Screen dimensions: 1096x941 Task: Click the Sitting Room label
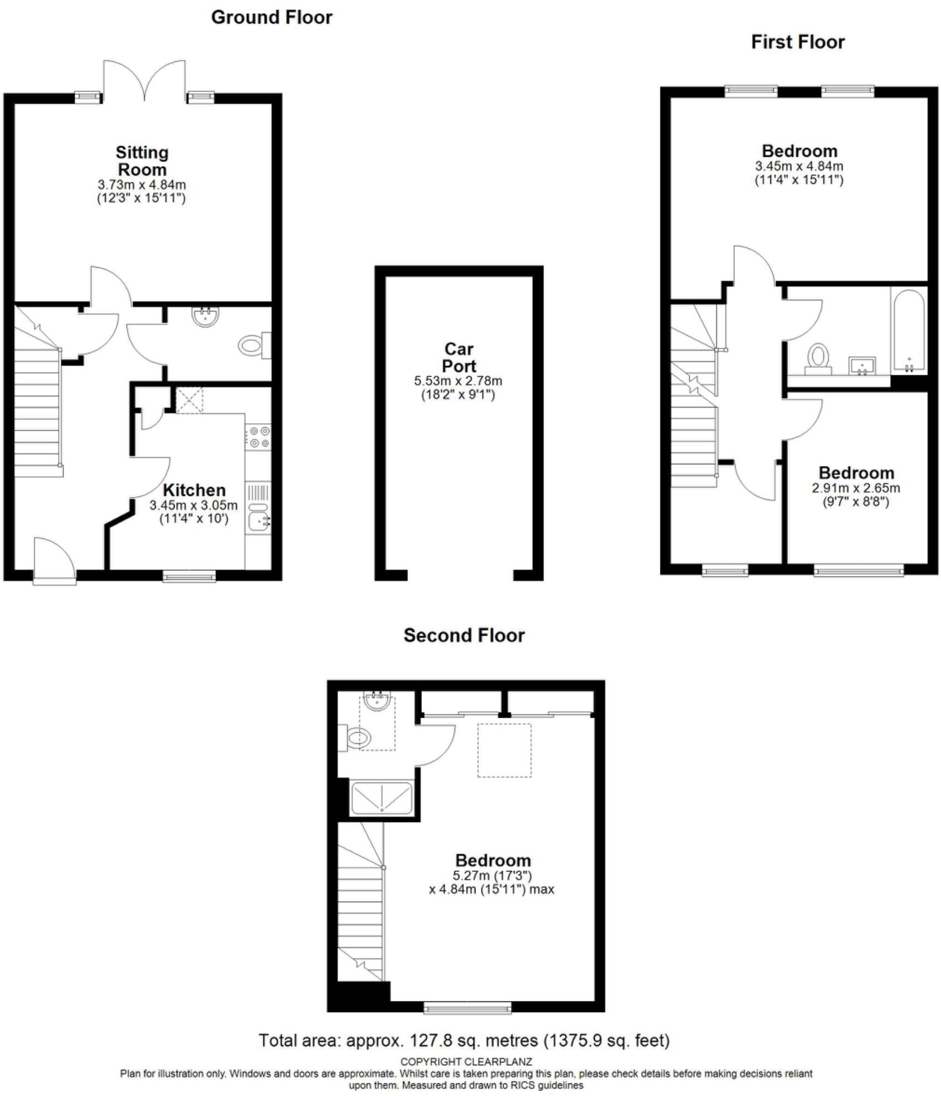point(142,161)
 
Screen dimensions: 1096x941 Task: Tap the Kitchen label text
point(194,490)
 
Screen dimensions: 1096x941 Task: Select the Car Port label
point(459,357)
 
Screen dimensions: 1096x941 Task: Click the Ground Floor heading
point(272,17)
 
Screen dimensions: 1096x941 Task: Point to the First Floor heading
point(797,42)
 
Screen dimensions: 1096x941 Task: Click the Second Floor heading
point(464,635)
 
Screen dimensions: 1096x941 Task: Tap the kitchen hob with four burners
point(258,436)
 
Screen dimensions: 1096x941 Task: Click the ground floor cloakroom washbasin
point(205,316)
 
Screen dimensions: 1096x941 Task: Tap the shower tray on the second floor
point(381,798)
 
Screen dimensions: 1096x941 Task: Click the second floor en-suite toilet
point(356,737)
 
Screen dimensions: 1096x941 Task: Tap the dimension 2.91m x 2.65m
point(855,488)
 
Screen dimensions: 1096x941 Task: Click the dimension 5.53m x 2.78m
point(458,381)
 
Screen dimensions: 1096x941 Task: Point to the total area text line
point(464,1041)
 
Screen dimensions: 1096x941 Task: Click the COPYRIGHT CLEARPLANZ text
point(466,1062)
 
